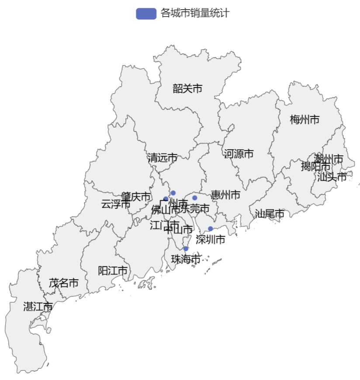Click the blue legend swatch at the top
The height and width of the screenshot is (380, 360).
click(x=146, y=14)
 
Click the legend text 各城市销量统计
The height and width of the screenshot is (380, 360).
click(x=195, y=14)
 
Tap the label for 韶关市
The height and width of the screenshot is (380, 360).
click(x=187, y=89)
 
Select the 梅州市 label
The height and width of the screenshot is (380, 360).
click(x=305, y=119)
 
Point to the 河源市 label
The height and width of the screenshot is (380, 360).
click(x=239, y=154)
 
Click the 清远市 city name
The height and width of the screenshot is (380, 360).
click(x=163, y=158)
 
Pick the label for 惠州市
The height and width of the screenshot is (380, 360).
click(x=225, y=195)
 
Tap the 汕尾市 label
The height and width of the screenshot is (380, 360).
click(x=270, y=214)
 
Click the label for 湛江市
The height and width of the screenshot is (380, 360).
click(x=38, y=307)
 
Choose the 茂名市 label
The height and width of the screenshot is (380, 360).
click(x=64, y=283)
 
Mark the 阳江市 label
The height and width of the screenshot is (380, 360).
click(x=113, y=271)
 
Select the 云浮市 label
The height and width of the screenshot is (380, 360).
click(x=115, y=204)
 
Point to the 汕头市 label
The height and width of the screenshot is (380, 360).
click(x=332, y=177)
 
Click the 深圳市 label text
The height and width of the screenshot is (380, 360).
click(x=211, y=240)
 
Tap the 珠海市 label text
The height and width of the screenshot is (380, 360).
click(x=186, y=259)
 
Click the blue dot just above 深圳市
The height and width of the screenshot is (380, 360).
click(x=211, y=229)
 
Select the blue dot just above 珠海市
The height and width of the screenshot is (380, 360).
click(x=186, y=249)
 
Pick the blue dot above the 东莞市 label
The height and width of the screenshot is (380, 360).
click(x=195, y=198)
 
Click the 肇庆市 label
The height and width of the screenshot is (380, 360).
click(x=136, y=197)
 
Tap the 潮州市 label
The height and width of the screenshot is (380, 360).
click(x=329, y=158)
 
